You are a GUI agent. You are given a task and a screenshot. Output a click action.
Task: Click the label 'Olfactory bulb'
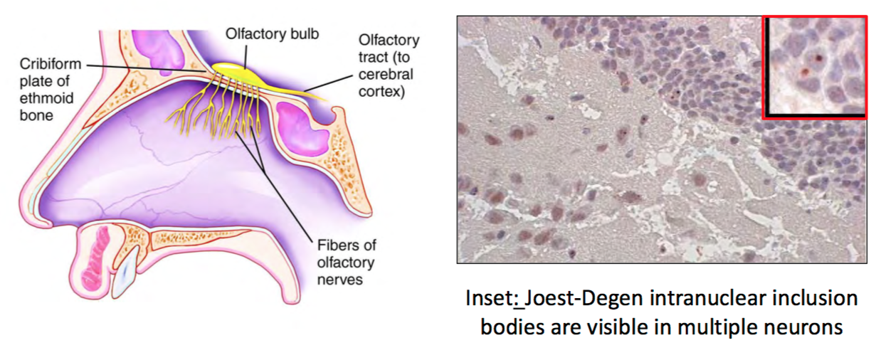point(263,33)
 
